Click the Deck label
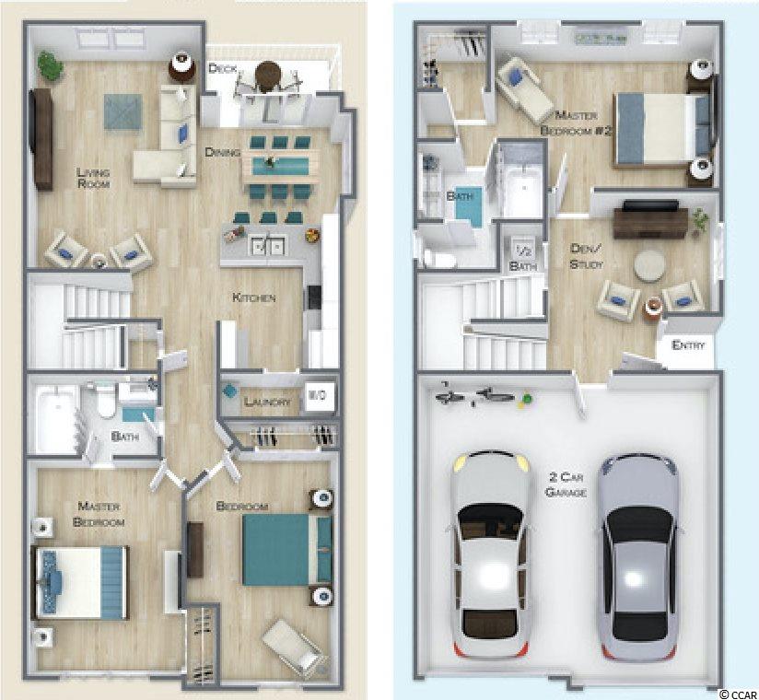tap(222, 69)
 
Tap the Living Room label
tap(93, 178)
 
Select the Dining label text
tap(222, 152)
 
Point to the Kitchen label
tap(254, 297)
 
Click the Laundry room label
tap(267, 402)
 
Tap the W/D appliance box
tap(318, 396)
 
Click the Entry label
tap(688, 345)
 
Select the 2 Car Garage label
tap(566, 484)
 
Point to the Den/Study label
tap(587, 256)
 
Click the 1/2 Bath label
tap(523, 259)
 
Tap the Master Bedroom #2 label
tap(576, 122)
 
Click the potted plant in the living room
tap(50, 64)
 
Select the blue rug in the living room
tap(123, 111)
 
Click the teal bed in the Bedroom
tap(287, 550)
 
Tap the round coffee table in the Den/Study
tap(649, 265)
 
